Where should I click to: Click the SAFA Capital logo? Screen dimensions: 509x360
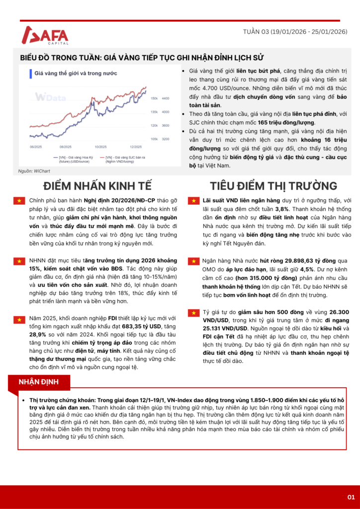pos(45,35)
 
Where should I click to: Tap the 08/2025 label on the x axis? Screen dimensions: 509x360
pos(66,147)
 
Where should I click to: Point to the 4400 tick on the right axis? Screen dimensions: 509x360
pos(166,98)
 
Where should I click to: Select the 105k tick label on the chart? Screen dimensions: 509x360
pos(154,139)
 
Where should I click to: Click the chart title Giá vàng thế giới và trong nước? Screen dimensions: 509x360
pos(76,73)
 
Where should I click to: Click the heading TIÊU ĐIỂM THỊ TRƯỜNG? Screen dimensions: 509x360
pos(266,186)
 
